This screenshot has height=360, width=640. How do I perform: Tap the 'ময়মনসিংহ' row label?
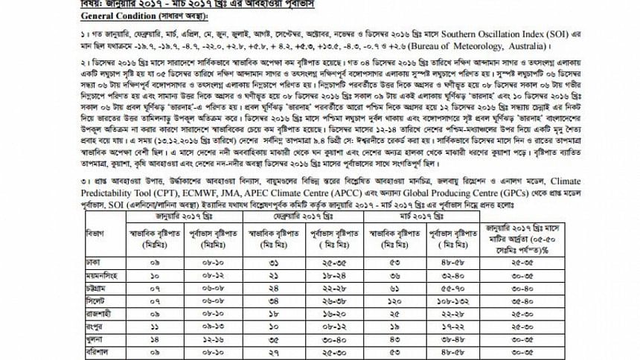coord(99,274)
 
